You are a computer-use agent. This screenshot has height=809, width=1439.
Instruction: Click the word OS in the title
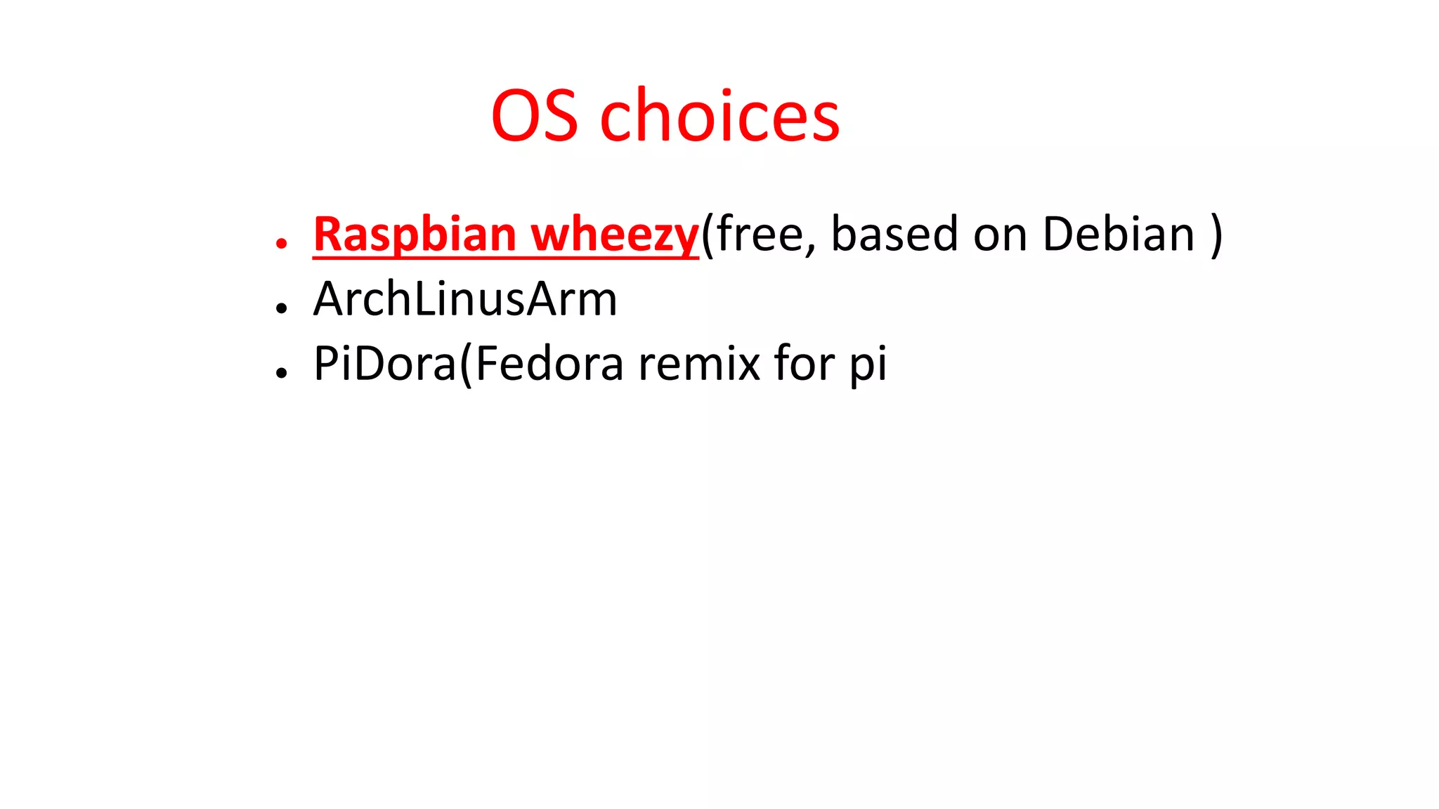coord(534,116)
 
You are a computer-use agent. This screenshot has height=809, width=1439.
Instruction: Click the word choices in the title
coord(719,116)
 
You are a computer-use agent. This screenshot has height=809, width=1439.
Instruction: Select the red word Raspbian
coord(415,235)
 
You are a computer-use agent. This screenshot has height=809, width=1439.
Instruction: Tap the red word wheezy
coord(614,235)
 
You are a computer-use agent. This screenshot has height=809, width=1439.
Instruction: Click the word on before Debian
coord(999,235)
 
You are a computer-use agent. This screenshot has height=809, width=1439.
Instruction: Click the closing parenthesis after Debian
coord(1216,235)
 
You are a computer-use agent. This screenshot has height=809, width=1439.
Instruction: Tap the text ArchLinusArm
coord(464,299)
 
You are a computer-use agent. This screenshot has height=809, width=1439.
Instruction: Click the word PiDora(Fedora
coord(468,364)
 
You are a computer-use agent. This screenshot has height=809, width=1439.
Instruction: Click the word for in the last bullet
coord(804,364)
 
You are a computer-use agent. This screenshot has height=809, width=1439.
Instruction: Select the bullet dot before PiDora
coord(282,373)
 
